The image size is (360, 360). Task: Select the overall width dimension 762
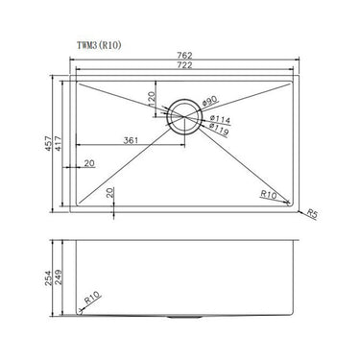(x=182, y=56)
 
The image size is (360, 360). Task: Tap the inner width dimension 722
(x=182, y=65)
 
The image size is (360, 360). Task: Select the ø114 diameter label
(x=218, y=118)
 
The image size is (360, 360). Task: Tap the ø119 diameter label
(x=219, y=127)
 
